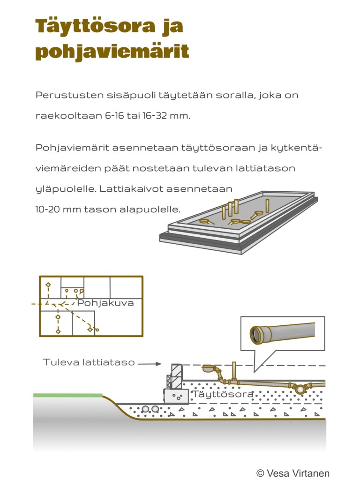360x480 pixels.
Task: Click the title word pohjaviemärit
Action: click(112, 51)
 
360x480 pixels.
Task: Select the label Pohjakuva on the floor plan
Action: click(105, 303)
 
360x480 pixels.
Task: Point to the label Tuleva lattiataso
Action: click(89, 362)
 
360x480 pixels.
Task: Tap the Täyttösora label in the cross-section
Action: click(223, 394)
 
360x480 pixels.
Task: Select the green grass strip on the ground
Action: click(67, 395)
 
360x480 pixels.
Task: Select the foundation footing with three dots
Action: click(176, 396)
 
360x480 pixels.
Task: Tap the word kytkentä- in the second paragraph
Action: click(300, 148)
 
